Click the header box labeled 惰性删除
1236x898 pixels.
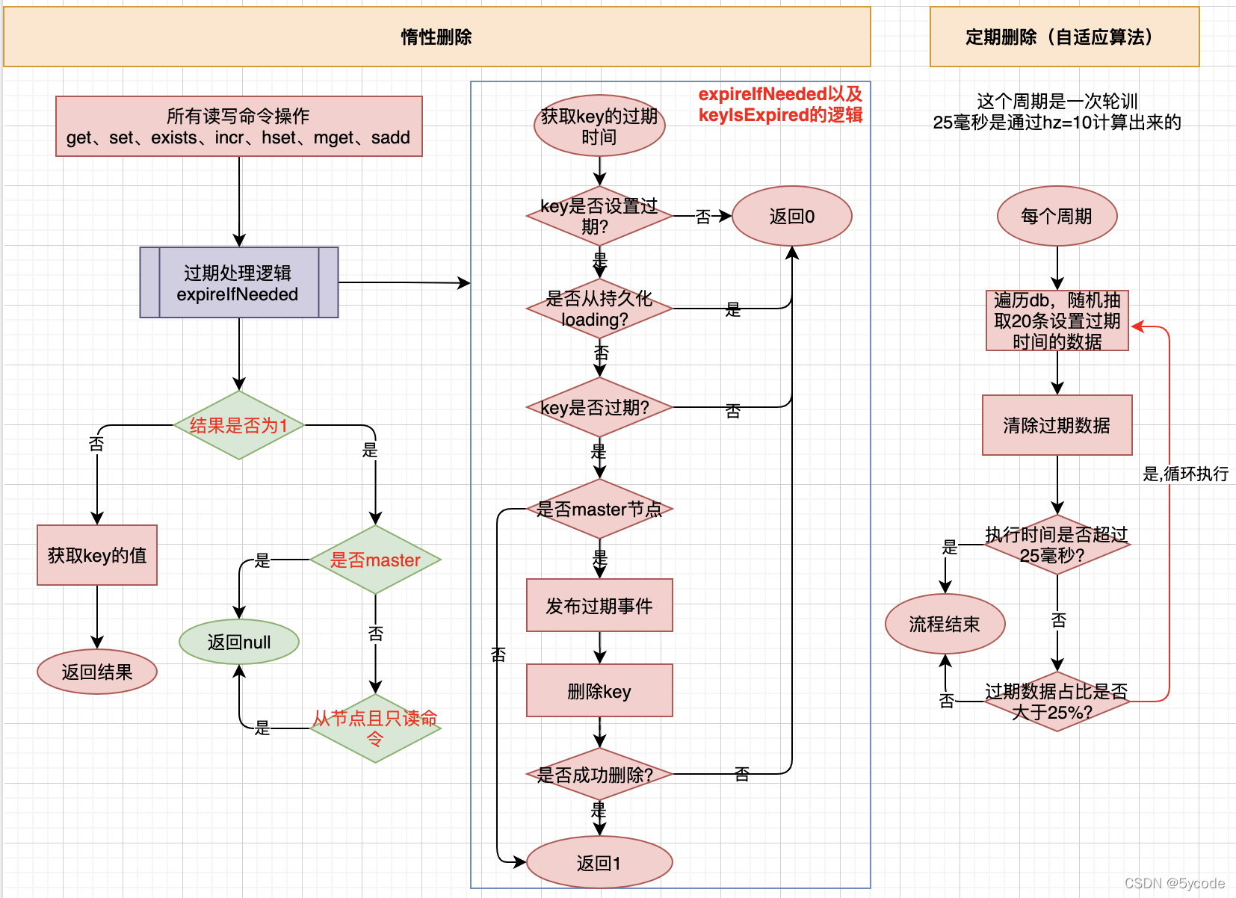(x=437, y=37)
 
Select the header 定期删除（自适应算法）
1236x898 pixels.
(x=1064, y=37)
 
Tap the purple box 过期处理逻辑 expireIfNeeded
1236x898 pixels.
(x=239, y=283)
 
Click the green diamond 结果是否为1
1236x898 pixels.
(x=239, y=425)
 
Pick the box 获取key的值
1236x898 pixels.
(x=97, y=555)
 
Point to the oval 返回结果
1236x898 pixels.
(x=97, y=672)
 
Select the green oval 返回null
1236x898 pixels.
(x=239, y=642)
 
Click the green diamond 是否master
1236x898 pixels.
(x=375, y=560)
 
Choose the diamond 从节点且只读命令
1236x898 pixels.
(x=375, y=728)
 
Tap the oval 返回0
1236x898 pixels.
(x=792, y=216)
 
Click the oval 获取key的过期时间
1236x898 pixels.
(x=599, y=126)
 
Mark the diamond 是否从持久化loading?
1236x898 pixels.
(x=599, y=309)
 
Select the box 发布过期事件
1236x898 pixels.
(x=599, y=605)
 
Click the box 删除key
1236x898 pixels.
(x=599, y=690)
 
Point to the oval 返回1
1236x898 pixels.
(x=599, y=863)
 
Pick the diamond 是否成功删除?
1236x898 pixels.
(x=599, y=775)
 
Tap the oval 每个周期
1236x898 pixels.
(x=1057, y=216)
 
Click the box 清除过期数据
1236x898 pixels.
(x=1057, y=425)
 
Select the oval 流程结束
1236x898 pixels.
(x=945, y=624)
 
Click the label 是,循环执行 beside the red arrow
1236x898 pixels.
(x=1185, y=474)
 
